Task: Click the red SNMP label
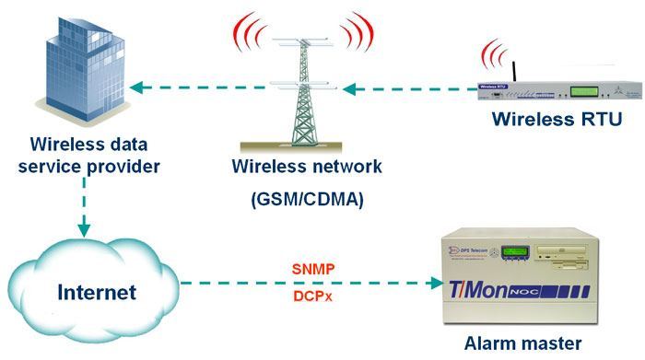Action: pos(312,269)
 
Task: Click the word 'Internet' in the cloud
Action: pos(97,293)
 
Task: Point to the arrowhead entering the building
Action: pos(136,88)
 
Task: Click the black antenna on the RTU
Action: pos(510,71)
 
